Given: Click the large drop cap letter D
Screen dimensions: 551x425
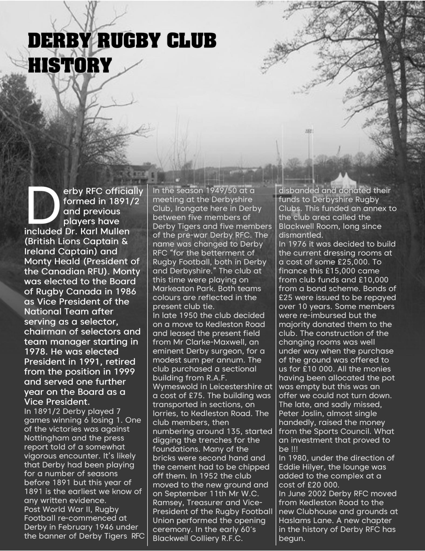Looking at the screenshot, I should point(43,206).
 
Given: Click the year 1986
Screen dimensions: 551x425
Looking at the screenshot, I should point(124,291).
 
